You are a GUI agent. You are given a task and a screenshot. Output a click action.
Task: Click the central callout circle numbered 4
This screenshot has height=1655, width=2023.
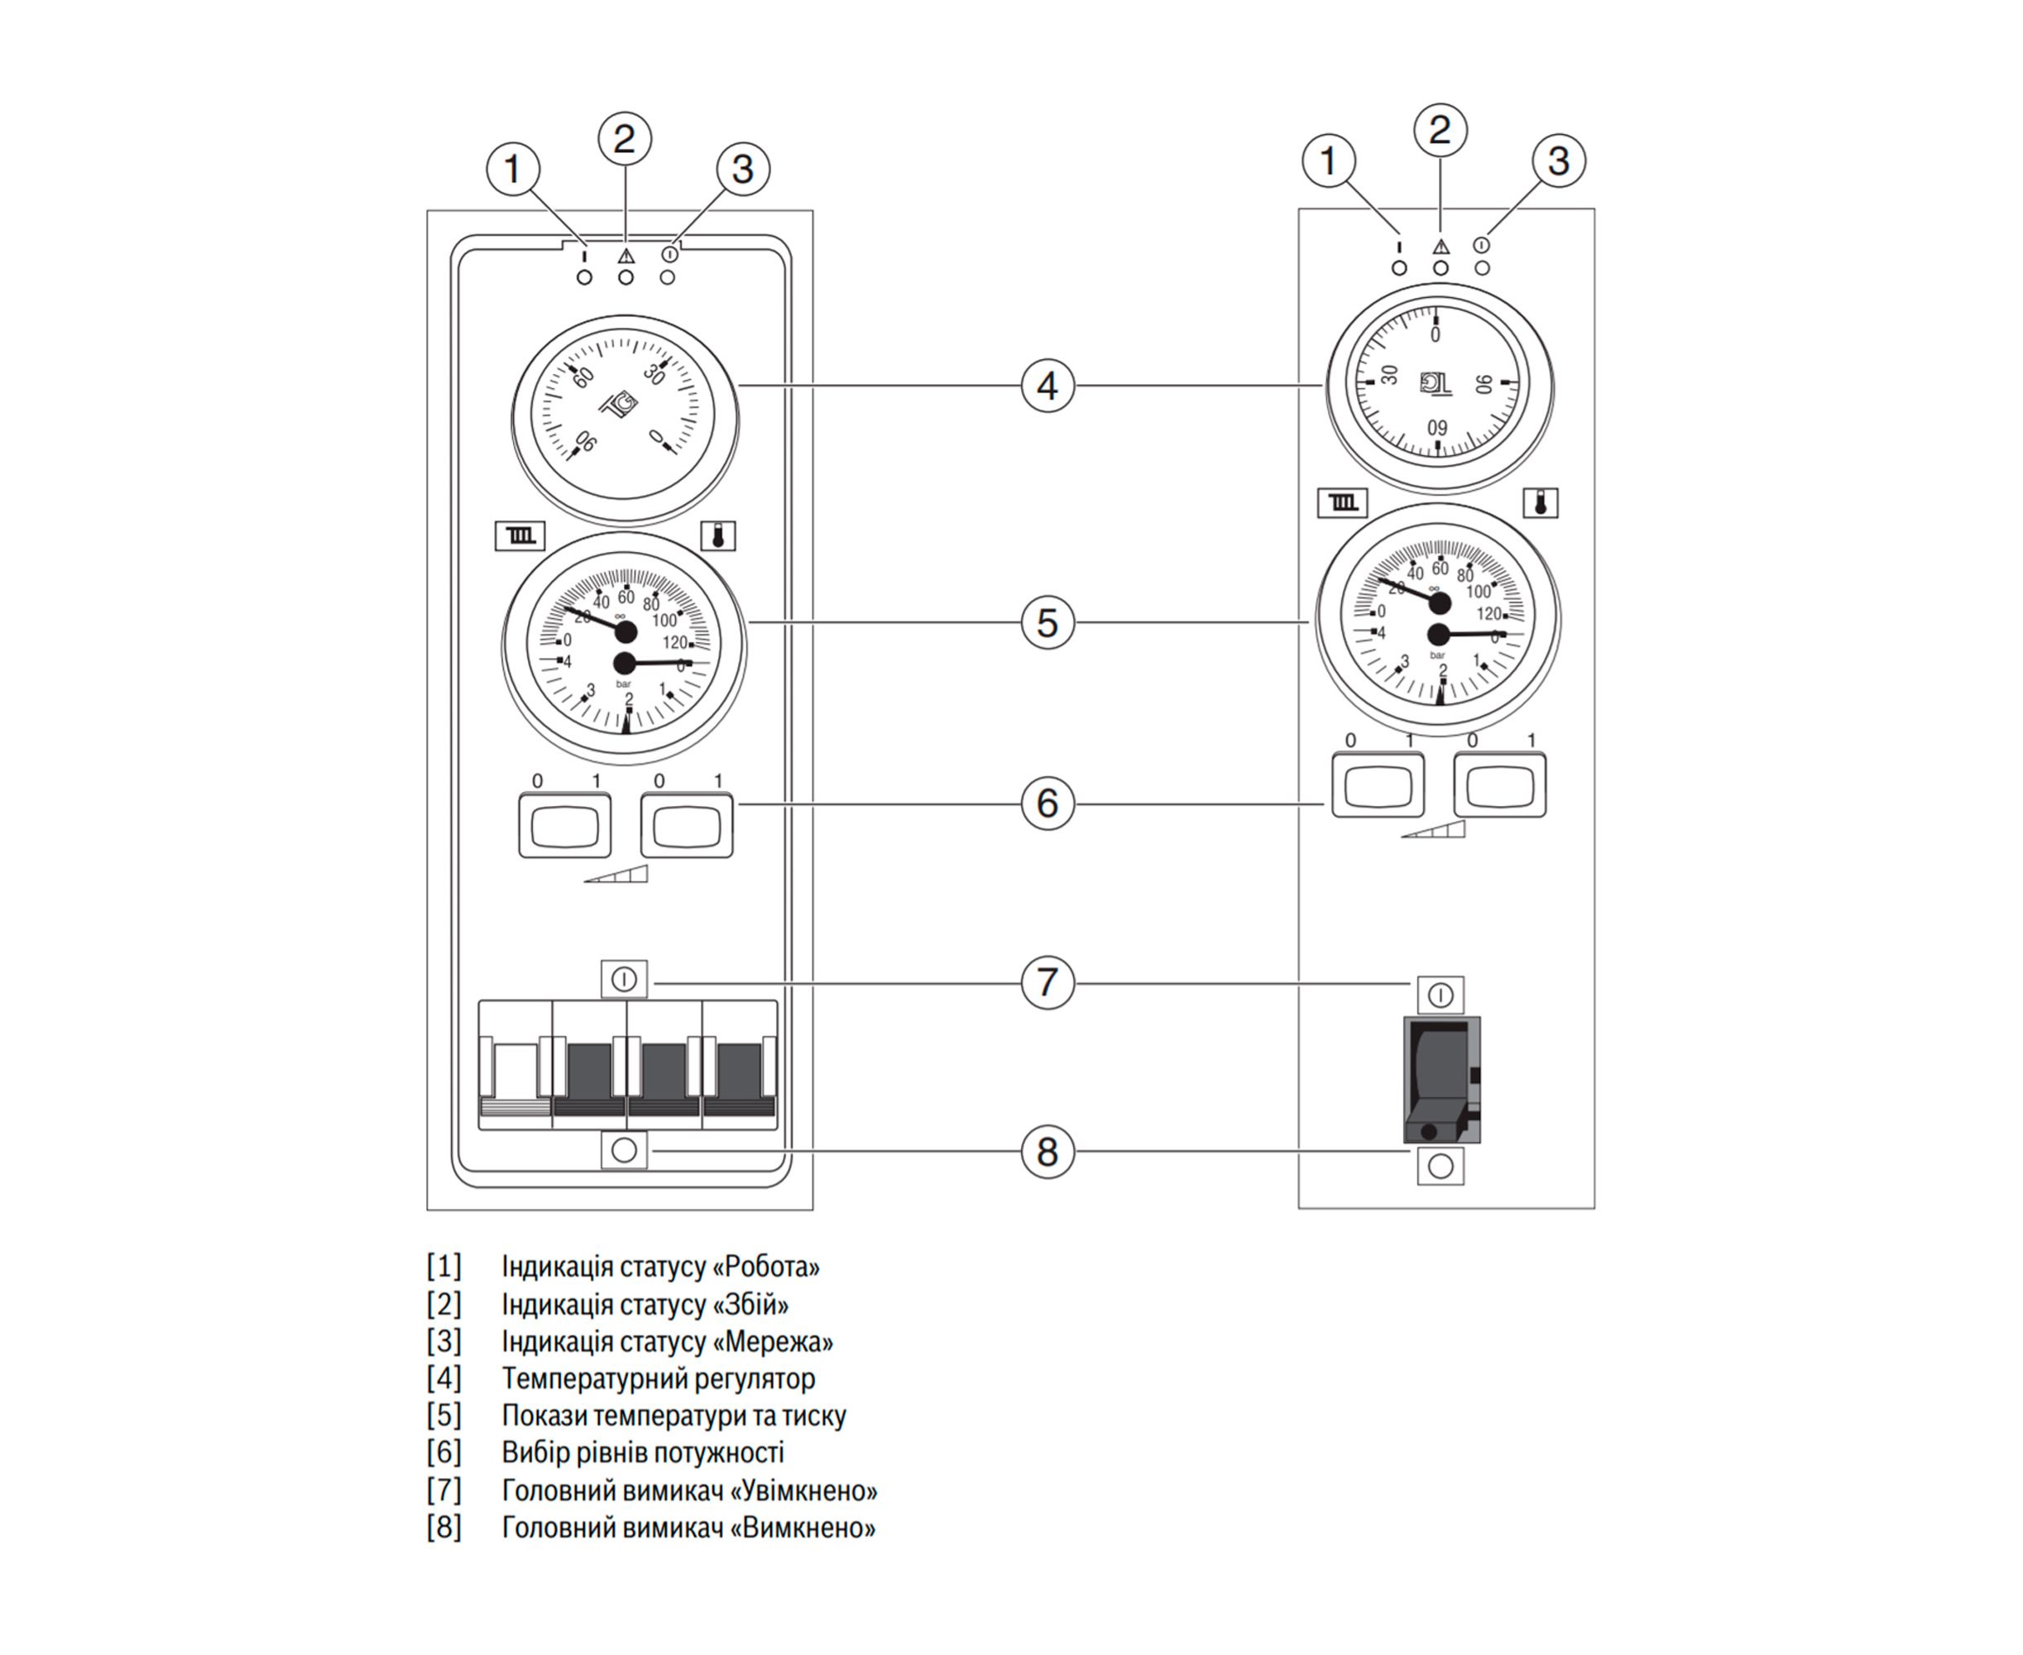click(x=1047, y=386)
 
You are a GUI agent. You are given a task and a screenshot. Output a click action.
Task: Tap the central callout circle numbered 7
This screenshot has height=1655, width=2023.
click(x=1047, y=982)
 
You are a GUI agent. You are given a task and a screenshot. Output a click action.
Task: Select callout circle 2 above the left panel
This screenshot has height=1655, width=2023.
click(x=625, y=139)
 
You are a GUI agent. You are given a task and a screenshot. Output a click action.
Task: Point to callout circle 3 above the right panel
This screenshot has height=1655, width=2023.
click(x=1558, y=161)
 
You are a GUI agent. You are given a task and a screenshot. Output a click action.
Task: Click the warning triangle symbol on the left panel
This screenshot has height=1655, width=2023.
click(x=626, y=256)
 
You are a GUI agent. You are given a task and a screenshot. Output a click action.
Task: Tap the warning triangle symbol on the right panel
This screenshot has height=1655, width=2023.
click(x=1440, y=246)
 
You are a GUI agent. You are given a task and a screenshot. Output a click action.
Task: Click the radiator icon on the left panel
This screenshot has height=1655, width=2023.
click(x=520, y=535)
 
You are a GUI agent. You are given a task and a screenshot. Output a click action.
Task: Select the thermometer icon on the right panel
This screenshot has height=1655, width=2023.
click(x=1540, y=502)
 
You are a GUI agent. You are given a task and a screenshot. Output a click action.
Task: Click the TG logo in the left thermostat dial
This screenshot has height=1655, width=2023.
click(x=620, y=405)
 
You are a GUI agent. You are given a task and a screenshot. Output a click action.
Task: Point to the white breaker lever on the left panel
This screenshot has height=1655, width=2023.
click(x=515, y=1071)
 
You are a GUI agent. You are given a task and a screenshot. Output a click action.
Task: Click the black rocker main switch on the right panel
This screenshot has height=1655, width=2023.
click(x=1441, y=1078)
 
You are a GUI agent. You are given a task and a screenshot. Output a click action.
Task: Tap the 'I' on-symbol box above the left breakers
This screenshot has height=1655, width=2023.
click(x=624, y=979)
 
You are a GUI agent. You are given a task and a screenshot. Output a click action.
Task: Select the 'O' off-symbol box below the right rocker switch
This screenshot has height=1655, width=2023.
click(x=1440, y=1166)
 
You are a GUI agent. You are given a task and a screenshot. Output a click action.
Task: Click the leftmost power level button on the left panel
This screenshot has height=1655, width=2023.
click(x=564, y=825)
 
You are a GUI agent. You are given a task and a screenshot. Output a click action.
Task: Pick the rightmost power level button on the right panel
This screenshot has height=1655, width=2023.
click(x=1498, y=785)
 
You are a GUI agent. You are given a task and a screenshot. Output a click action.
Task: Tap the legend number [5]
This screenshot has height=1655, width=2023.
click(x=443, y=1416)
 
